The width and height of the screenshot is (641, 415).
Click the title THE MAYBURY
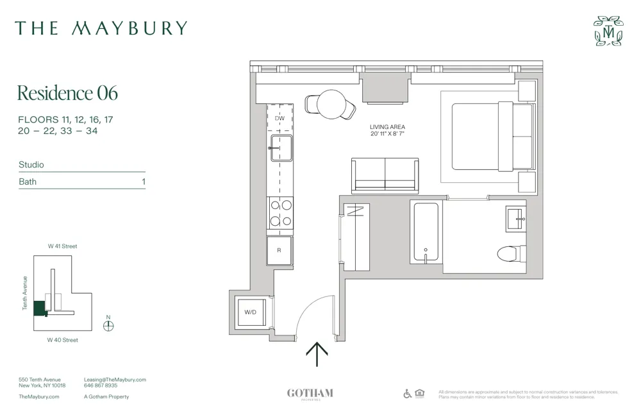click(x=101, y=28)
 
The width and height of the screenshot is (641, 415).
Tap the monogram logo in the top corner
click(x=608, y=31)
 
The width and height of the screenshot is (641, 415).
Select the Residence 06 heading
click(x=67, y=93)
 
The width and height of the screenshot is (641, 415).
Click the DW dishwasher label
click(x=279, y=119)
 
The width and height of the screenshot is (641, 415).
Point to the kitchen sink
click(x=280, y=149)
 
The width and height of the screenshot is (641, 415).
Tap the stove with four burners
click(x=280, y=214)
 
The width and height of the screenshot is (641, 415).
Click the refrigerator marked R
click(x=279, y=250)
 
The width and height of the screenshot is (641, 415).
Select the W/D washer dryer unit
click(x=251, y=312)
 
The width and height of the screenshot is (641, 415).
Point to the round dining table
click(x=331, y=104)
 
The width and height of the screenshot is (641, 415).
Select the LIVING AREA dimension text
click(x=388, y=131)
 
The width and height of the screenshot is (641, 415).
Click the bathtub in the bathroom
click(x=425, y=232)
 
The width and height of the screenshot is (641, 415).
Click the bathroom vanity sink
click(x=515, y=218)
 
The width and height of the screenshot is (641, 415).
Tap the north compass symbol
click(x=108, y=325)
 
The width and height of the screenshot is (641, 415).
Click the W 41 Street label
click(x=63, y=246)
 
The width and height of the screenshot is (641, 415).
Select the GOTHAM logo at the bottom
click(x=310, y=394)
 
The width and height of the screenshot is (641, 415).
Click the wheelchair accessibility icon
click(x=408, y=393)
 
